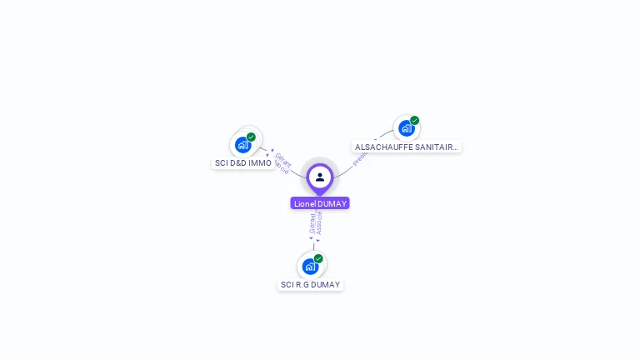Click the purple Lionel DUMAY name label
click(x=320, y=203)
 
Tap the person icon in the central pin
click(x=320, y=177)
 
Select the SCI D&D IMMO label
click(x=243, y=163)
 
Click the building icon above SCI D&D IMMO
click(x=242, y=145)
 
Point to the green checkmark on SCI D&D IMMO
click(x=251, y=137)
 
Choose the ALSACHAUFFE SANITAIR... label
click(x=406, y=147)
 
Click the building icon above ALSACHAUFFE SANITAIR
click(x=406, y=128)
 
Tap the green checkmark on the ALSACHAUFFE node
click(x=414, y=120)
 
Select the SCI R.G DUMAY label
click(x=310, y=285)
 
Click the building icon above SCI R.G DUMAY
click(x=310, y=267)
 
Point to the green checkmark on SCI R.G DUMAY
click(x=318, y=258)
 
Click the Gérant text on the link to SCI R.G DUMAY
click(x=312, y=223)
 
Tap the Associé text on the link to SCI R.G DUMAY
click(x=319, y=223)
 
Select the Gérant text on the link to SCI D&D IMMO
click(x=283, y=158)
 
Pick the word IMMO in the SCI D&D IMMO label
click(x=260, y=163)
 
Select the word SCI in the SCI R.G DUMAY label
click(x=287, y=285)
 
